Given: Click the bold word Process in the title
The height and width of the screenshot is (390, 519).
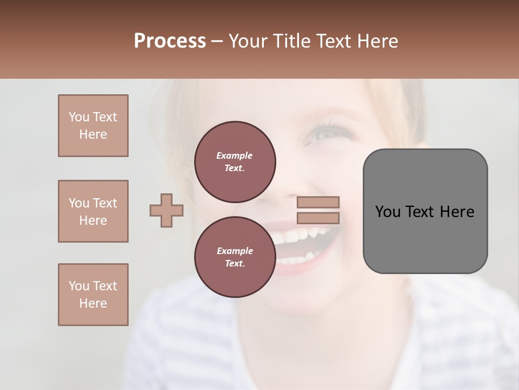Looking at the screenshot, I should pos(170,41).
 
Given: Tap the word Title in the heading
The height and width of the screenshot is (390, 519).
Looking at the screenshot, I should pos(291,41).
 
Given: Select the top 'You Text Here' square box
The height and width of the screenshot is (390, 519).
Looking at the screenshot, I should pos(93,126).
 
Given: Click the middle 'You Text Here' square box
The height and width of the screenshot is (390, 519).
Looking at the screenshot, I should pos(93,211).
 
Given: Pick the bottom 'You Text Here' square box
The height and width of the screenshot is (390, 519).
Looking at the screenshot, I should pos(93,295).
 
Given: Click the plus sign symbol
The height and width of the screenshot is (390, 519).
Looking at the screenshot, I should pos(167,210).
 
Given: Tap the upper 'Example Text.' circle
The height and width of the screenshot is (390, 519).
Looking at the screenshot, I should pos(235,161).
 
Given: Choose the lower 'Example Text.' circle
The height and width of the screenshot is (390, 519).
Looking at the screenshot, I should pos(235,257).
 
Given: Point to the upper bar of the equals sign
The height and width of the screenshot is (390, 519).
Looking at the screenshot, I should pos(318,202).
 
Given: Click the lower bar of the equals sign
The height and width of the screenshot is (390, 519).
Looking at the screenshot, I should pos(318,218).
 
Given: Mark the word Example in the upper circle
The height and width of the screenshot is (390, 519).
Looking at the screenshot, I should pos(235,155).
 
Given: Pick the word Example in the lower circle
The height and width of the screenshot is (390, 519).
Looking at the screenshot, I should pos(235,251).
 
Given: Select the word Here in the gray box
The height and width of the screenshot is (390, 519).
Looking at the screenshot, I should pos(457,212).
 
